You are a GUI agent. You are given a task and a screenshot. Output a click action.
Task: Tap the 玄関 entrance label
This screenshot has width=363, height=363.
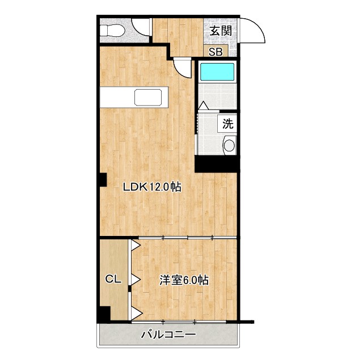[221, 31]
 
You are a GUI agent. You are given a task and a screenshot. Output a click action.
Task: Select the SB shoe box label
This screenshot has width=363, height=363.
[216, 52]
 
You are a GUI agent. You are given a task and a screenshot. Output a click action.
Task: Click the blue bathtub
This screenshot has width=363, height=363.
[217, 72]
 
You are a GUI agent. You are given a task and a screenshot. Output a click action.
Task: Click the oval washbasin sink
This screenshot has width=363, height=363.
[229, 145]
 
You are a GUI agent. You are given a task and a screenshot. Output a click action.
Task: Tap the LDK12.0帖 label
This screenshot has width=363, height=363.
[153, 186]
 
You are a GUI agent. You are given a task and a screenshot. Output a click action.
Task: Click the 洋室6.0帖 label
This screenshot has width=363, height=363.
[183, 280]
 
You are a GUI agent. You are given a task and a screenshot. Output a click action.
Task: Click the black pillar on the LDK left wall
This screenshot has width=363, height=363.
[102, 180]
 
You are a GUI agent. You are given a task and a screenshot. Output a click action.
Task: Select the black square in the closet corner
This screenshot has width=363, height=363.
[104, 314]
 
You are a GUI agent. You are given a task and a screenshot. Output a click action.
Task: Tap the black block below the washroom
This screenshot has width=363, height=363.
[216, 163]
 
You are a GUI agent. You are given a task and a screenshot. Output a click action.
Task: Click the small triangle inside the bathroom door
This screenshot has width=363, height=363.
[204, 106]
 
